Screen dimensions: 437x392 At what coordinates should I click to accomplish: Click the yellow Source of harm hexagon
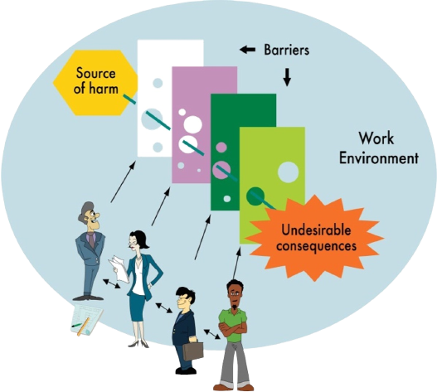coord(95,83)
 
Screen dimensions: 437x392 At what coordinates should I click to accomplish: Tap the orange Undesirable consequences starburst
coord(314,238)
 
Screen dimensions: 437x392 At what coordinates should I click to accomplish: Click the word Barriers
coord(287,51)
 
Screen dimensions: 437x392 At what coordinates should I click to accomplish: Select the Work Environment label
coord(378,148)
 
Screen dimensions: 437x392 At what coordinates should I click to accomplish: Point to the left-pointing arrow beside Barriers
coord(247,50)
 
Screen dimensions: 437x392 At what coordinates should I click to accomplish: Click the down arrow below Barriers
coord(287,77)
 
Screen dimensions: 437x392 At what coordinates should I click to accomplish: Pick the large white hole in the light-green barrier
coord(289,172)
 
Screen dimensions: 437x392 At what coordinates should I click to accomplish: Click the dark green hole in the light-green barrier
coord(255,196)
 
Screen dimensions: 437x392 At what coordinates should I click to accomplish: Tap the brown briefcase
coord(193,351)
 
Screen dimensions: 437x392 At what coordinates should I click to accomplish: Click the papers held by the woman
coord(119,269)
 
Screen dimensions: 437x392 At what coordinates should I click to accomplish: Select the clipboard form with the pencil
coord(86,320)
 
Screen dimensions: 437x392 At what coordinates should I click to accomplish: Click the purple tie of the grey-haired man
coord(91,240)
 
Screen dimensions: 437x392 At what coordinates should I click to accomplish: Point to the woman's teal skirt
coord(137,306)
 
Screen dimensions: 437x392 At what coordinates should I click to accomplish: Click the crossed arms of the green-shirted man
coord(233,329)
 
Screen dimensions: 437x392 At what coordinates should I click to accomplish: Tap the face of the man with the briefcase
coord(184,302)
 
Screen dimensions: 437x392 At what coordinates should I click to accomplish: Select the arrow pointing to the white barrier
coord(123,181)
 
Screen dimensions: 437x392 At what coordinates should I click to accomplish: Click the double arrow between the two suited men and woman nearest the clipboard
coord(111,283)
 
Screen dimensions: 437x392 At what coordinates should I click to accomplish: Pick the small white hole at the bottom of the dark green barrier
coord(227,199)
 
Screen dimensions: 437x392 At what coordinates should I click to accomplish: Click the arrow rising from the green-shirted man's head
coord(236,264)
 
